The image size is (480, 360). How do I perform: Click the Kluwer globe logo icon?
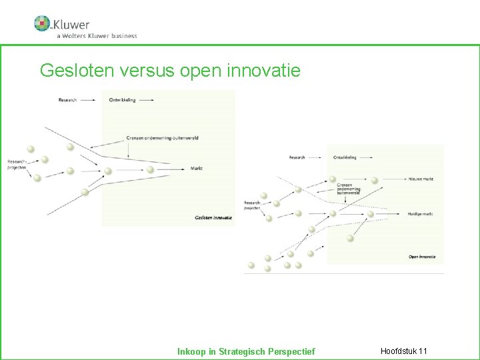pyautogui.click(x=42, y=23)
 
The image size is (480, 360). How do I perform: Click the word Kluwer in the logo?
pyautogui.click(x=71, y=25)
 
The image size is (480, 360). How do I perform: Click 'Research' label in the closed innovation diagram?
pyautogui.click(x=67, y=100)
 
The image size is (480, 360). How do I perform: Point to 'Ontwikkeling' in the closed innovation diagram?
pyautogui.click(x=122, y=100)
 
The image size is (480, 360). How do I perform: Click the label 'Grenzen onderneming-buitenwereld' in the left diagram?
pyautogui.click(x=162, y=138)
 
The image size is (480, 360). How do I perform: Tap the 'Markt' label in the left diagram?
pyautogui.click(x=196, y=168)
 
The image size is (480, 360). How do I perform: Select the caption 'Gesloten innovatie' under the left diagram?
pyautogui.click(x=213, y=217)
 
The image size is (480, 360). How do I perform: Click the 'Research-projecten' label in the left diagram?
pyautogui.click(x=17, y=165)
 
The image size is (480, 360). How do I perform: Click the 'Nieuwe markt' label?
pyautogui.click(x=420, y=179)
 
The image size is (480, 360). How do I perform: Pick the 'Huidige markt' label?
pyautogui.click(x=421, y=214)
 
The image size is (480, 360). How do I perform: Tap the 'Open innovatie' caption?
pyautogui.click(x=422, y=256)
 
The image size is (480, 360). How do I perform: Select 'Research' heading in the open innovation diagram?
pyautogui.click(x=297, y=157)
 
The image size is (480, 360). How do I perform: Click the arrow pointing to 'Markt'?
pyautogui.click(x=176, y=169)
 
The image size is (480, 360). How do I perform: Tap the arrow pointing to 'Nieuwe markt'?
pyautogui.click(x=393, y=179)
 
